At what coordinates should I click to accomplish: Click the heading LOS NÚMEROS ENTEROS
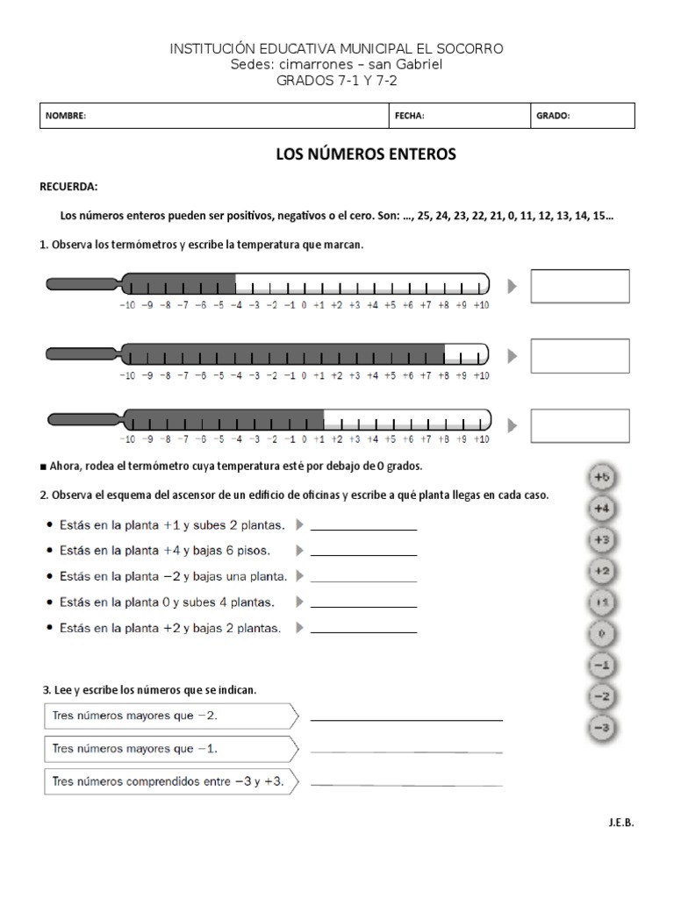(x=366, y=154)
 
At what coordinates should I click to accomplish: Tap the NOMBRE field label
(x=67, y=116)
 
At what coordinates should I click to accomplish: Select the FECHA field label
(x=410, y=116)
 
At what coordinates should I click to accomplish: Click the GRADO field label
(x=553, y=116)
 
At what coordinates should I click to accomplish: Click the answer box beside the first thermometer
(x=580, y=286)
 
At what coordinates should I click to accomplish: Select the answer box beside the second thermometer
(x=580, y=354)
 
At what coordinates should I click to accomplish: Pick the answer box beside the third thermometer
(x=580, y=424)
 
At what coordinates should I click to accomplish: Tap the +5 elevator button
(x=601, y=478)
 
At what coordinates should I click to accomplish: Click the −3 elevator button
(x=601, y=728)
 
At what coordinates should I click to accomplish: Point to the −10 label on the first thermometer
(x=127, y=305)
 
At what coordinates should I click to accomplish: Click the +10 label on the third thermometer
(x=480, y=439)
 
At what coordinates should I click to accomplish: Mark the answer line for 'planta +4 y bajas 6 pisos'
(x=363, y=556)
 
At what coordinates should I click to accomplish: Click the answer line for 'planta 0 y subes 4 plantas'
(x=363, y=607)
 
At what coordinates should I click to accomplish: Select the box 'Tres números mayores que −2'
(x=168, y=716)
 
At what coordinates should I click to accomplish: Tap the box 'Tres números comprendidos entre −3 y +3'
(x=168, y=780)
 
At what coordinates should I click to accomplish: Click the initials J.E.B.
(x=619, y=823)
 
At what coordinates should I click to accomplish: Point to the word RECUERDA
(x=69, y=187)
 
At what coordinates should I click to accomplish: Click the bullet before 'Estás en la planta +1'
(x=47, y=526)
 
